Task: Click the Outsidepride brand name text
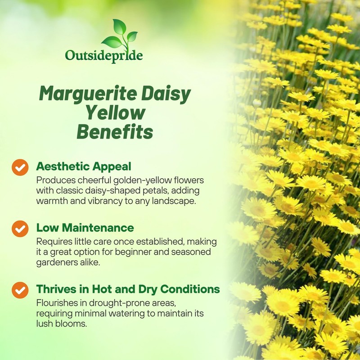pos(104,56)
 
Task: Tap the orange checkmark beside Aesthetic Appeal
pos(20,167)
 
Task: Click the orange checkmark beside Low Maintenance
pos(20,228)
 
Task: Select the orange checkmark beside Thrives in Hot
pos(20,289)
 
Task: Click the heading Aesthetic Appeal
pos(84,166)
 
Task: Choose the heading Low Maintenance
pos(85,228)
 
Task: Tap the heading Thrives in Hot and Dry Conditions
pos(128,288)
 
